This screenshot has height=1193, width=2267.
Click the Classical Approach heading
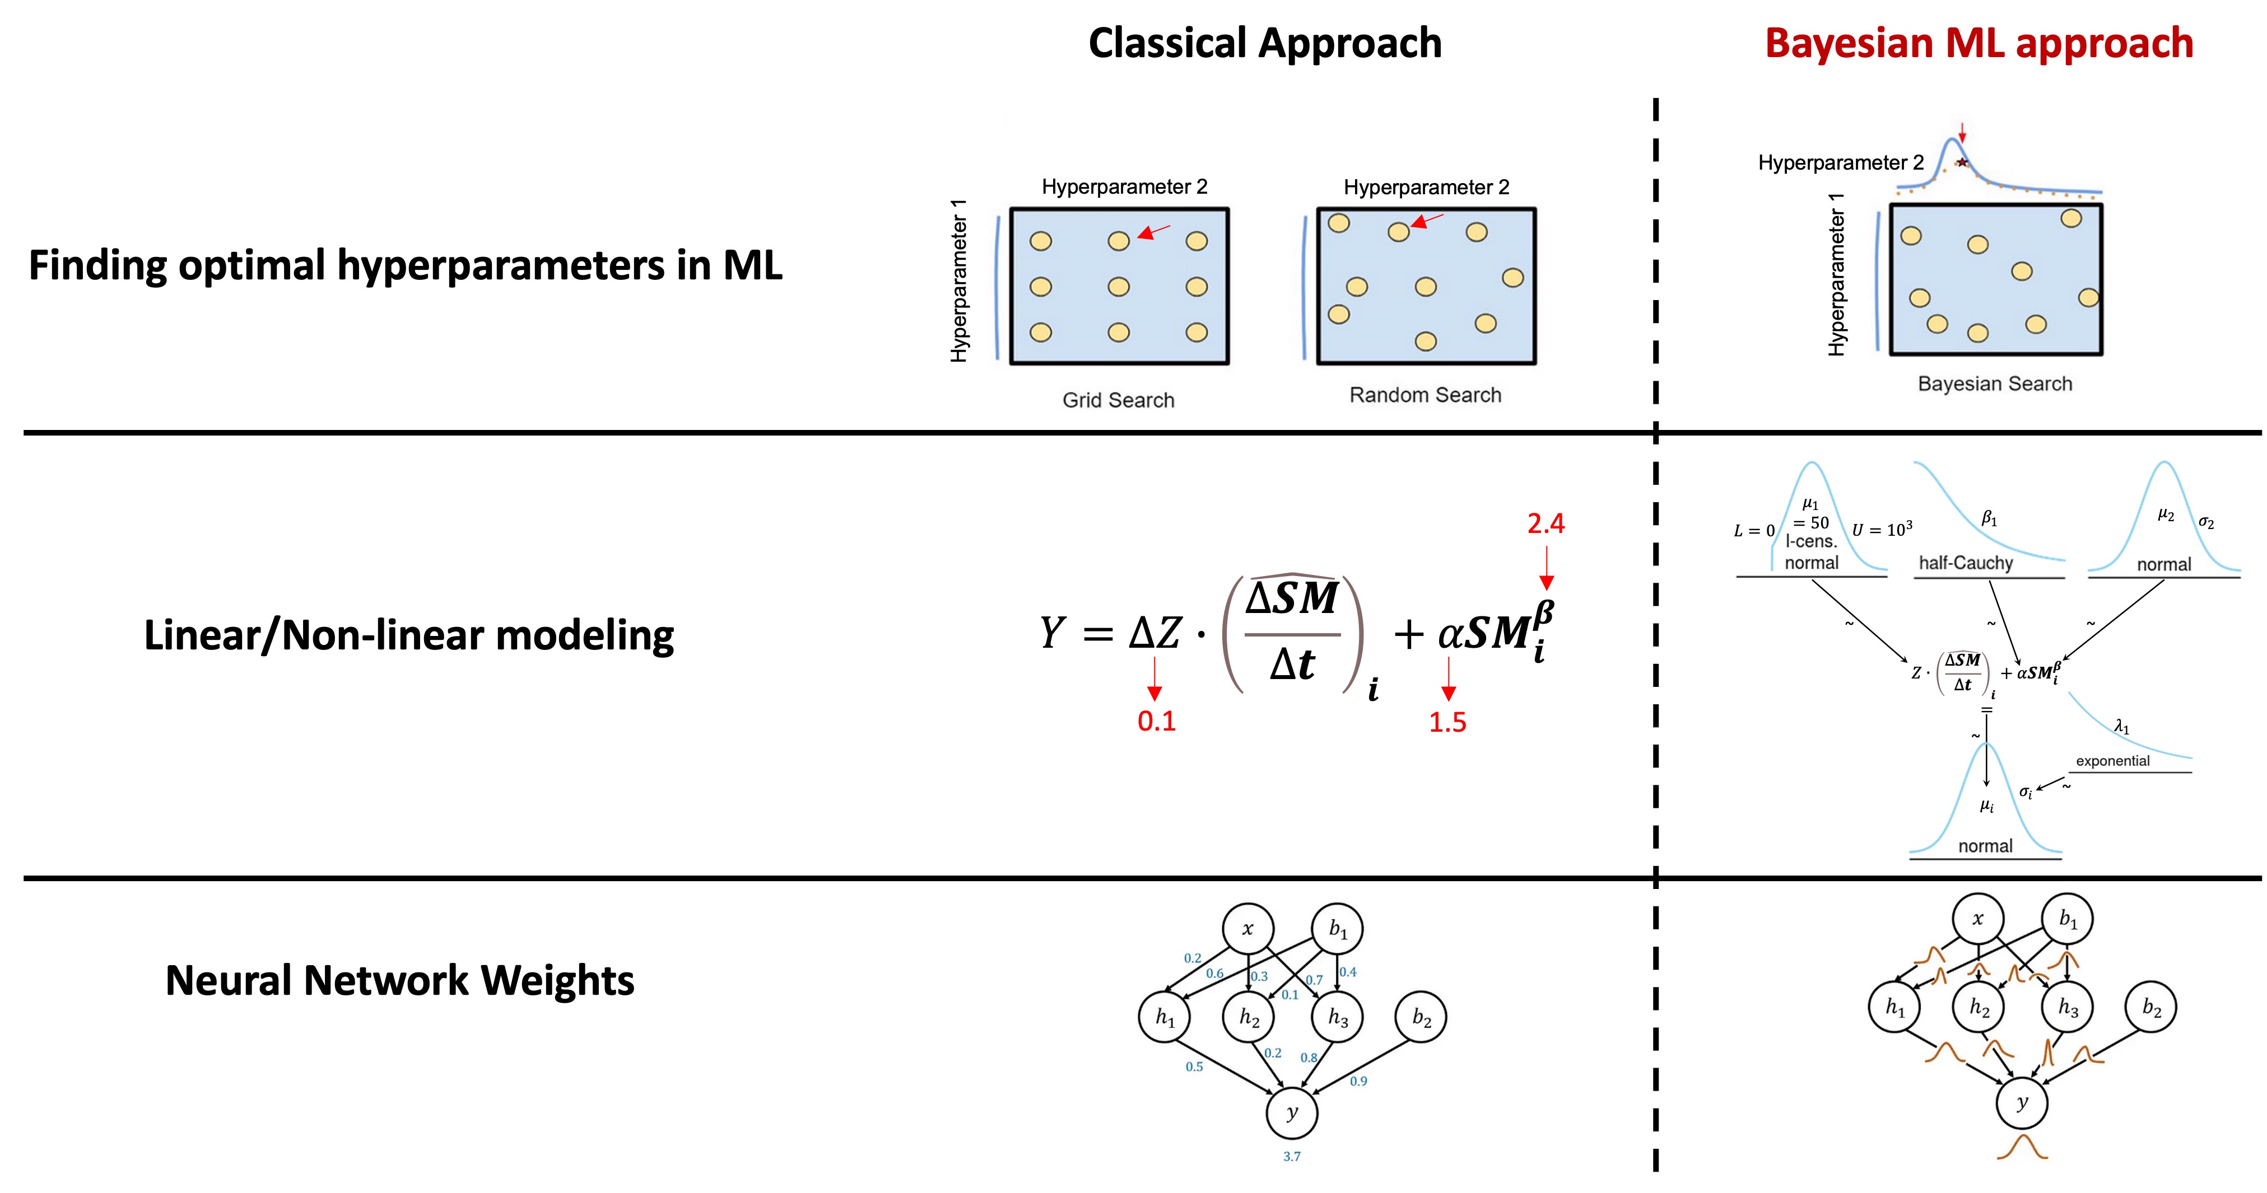1265,43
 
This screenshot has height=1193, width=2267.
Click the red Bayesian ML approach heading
1979,43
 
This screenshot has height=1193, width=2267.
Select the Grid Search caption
1118,400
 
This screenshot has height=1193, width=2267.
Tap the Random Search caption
1425,395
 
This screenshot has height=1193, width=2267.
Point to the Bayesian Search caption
1994,383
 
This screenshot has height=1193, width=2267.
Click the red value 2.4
1546,523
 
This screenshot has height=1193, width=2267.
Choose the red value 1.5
1447,722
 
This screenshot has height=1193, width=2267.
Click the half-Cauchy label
1965,563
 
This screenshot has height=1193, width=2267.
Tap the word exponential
2112,761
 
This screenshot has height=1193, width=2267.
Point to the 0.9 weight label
1358,1081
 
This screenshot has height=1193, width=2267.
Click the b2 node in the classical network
1421,1017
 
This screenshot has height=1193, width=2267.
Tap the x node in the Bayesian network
1977,919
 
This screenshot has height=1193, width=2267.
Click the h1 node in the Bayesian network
1894,1007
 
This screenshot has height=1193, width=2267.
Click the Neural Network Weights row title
399,980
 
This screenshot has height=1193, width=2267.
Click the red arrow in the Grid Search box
1154,231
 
